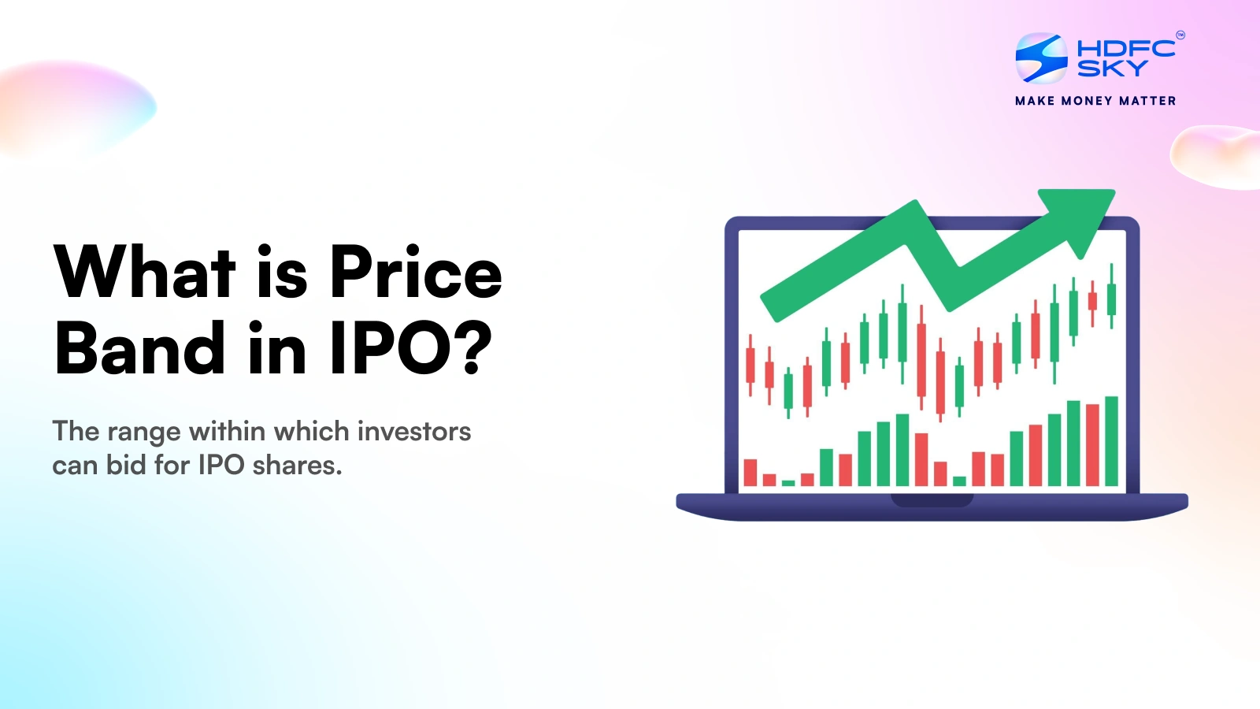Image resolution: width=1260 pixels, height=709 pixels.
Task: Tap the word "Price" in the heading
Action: (x=416, y=272)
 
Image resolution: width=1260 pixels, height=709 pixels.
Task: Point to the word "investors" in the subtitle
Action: (x=414, y=432)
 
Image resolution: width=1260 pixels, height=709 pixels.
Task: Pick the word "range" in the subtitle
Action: (x=144, y=433)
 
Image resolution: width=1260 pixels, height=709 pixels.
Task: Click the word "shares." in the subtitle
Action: (x=297, y=466)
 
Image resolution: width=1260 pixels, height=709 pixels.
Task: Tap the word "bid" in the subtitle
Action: (x=127, y=466)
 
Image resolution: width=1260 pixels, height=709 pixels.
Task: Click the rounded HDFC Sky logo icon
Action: (x=1041, y=58)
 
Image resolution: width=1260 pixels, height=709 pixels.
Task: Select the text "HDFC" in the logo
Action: (x=1125, y=48)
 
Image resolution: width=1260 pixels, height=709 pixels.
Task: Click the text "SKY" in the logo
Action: (x=1112, y=68)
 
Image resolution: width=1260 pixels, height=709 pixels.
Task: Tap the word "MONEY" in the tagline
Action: (x=1087, y=102)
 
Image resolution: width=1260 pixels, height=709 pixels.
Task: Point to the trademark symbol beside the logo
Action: (x=1180, y=35)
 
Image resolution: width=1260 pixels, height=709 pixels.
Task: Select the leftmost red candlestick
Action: (x=750, y=366)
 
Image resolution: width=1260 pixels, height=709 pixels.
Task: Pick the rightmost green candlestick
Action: (x=1111, y=296)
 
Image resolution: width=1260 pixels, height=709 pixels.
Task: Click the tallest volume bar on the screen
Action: (x=1111, y=441)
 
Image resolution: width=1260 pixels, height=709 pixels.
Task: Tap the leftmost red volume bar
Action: (x=750, y=473)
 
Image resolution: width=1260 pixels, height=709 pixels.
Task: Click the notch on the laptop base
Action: (x=932, y=500)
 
